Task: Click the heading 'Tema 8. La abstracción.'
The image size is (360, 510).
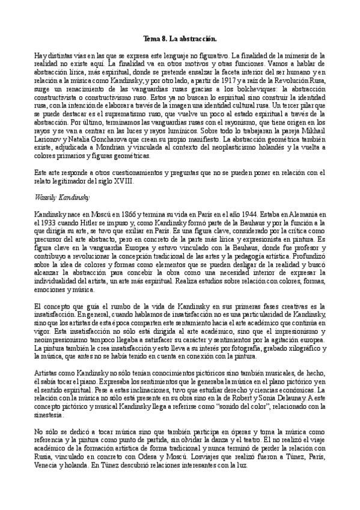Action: [x=180, y=37]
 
